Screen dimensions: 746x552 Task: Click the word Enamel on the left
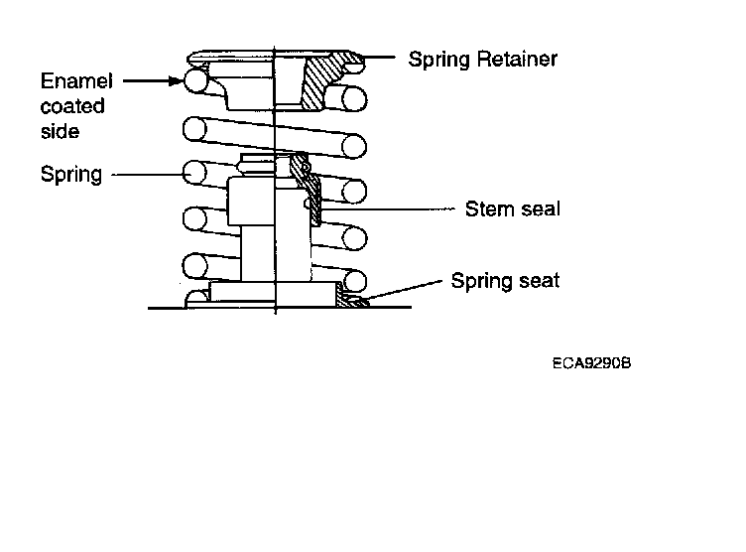pyautogui.click(x=76, y=81)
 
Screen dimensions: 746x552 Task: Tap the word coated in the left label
pyautogui.click(x=72, y=106)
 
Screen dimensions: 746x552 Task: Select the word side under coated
pyautogui.click(x=60, y=131)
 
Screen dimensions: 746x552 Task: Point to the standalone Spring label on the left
pyautogui.click(x=70, y=175)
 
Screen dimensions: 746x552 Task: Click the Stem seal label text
pyautogui.click(x=513, y=208)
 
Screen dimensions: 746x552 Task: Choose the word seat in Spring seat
pyautogui.click(x=539, y=281)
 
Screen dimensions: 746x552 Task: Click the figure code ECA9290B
pyautogui.click(x=591, y=363)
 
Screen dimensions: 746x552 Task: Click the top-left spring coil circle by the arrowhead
pyautogui.click(x=195, y=80)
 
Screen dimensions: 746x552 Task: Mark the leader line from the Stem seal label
pyautogui.click(x=387, y=208)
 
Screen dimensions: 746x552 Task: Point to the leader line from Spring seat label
pyautogui.click(x=405, y=290)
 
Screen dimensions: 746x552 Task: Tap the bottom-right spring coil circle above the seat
pyautogui.click(x=354, y=281)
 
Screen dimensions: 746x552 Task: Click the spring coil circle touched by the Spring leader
pyautogui.click(x=194, y=173)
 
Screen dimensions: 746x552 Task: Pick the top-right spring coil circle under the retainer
pyautogui.click(x=354, y=99)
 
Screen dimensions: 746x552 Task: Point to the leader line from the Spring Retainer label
pyautogui.click(x=379, y=58)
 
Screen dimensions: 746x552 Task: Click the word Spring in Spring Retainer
pyautogui.click(x=439, y=60)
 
